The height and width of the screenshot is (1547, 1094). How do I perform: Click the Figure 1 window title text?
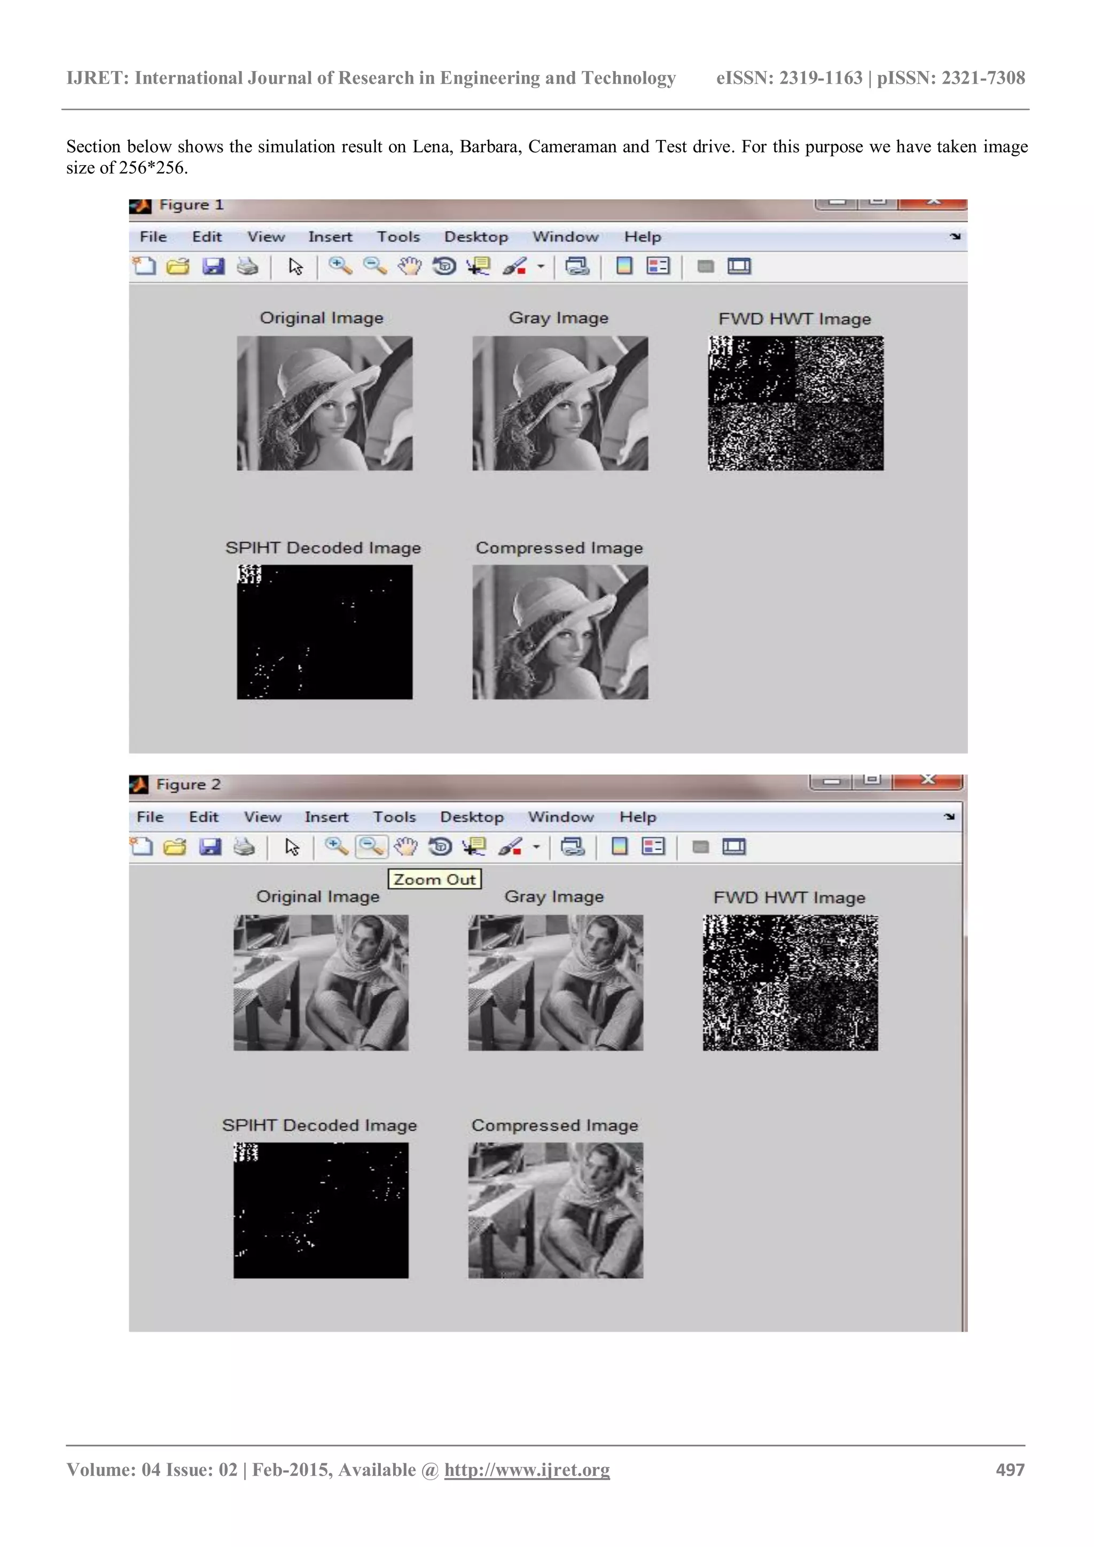[191, 205]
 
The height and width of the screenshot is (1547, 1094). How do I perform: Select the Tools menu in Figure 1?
[398, 237]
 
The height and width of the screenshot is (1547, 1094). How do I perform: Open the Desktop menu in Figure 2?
[472, 817]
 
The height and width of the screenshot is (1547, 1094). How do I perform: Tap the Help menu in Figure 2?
[637, 817]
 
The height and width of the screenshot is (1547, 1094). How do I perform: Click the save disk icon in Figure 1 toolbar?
[214, 266]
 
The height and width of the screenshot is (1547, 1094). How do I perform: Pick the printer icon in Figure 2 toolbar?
[244, 846]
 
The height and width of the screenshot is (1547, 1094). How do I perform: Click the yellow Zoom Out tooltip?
[434, 879]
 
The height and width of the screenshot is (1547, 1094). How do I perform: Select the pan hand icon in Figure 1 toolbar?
[409, 266]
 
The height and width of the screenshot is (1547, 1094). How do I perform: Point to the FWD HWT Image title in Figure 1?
[794, 318]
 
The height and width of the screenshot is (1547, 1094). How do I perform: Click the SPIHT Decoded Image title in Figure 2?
[319, 1125]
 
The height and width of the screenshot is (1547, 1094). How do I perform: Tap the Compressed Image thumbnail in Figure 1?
[560, 632]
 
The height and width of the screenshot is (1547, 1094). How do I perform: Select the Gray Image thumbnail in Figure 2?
[556, 982]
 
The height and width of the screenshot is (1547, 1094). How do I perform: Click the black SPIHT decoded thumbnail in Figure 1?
[324, 632]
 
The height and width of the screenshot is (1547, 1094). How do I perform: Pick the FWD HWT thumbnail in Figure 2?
[790, 982]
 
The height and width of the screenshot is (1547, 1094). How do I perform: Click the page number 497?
[1010, 1470]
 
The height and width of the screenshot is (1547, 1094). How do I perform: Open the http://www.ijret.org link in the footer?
[527, 1470]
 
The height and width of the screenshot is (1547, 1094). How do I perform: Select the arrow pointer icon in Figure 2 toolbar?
[292, 846]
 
